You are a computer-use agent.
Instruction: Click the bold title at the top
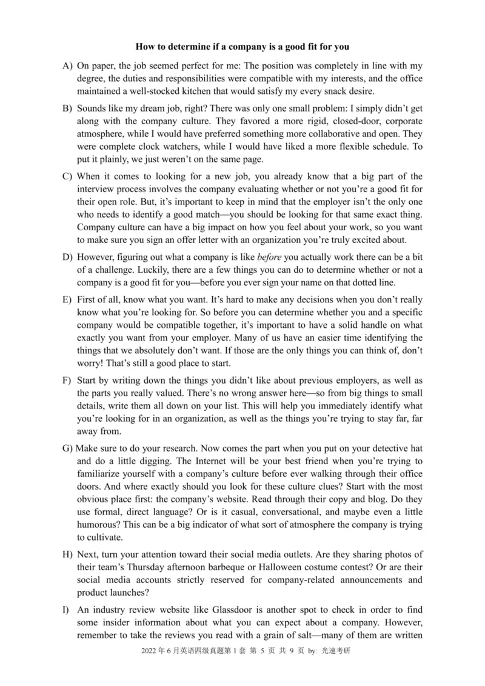tap(242, 46)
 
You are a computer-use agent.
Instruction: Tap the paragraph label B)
tap(67, 108)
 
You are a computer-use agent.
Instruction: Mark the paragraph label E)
tap(67, 299)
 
